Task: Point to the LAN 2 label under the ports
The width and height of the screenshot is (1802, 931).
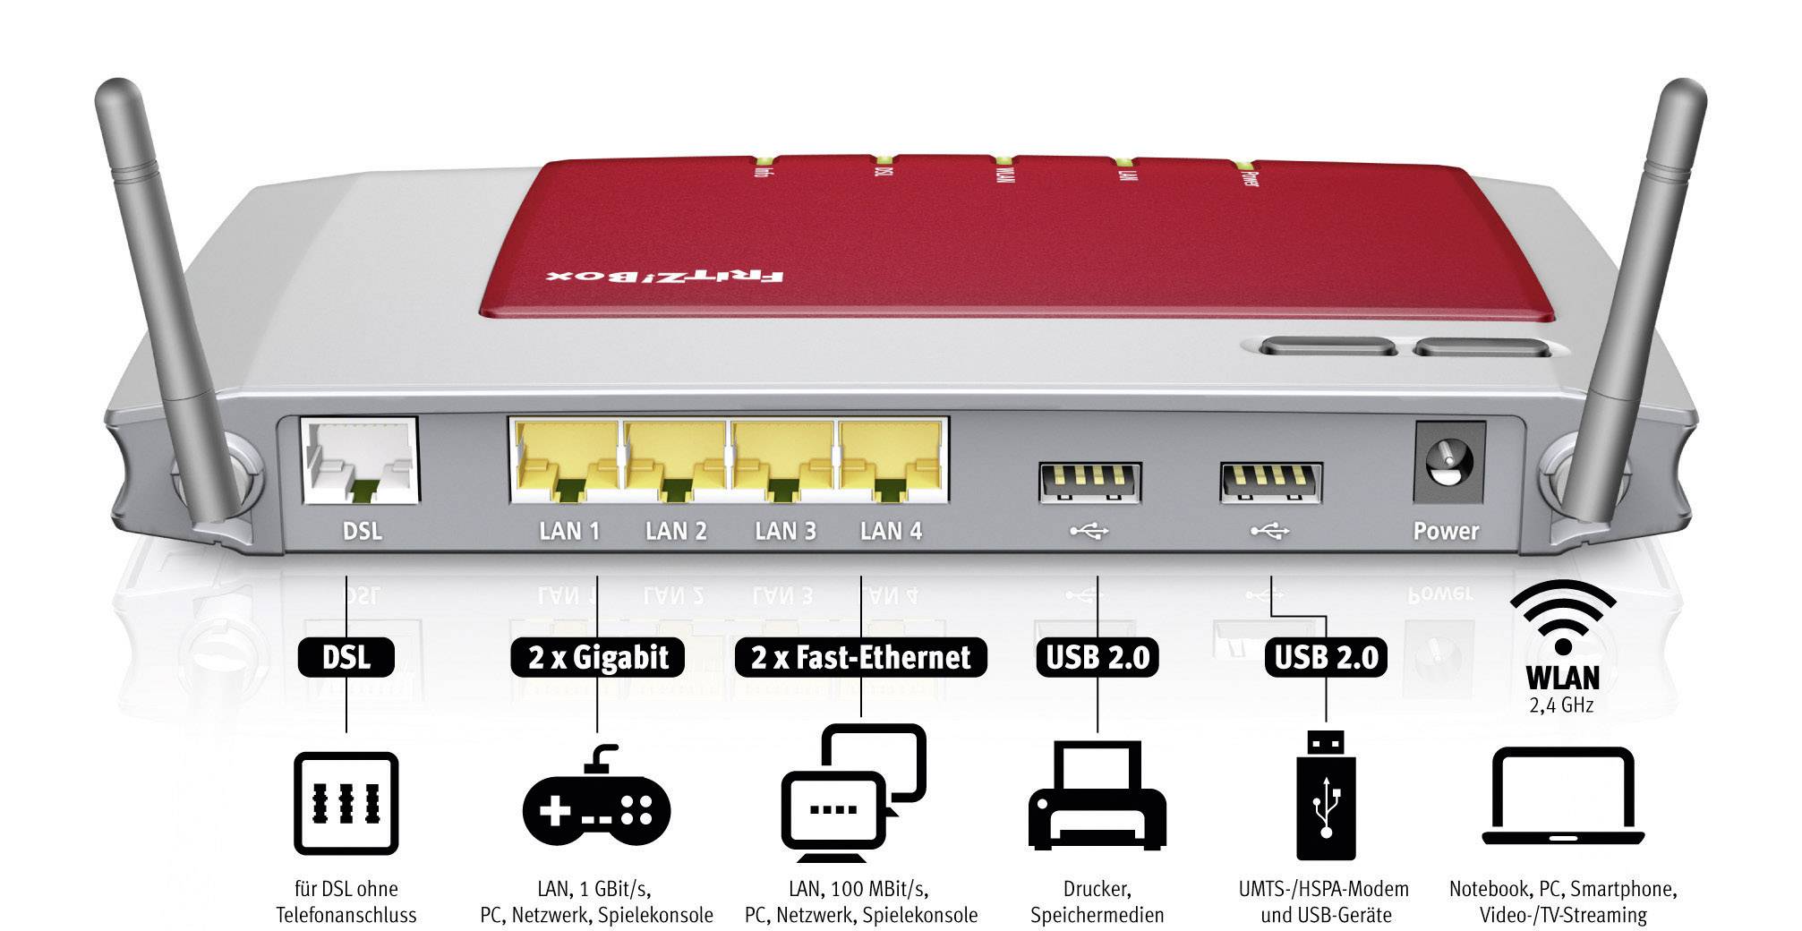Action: [x=676, y=531]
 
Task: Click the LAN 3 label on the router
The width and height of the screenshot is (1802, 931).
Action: [x=785, y=531]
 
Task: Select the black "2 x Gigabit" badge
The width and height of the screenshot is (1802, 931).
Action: [x=598, y=658]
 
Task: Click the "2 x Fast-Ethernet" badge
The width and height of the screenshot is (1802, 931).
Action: [x=860, y=658]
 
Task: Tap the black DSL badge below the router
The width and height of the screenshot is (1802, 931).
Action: [x=346, y=658]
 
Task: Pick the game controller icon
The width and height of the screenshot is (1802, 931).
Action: [x=596, y=797]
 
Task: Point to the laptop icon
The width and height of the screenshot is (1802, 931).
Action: [x=1563, y=797]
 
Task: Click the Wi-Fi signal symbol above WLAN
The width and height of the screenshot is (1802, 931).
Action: [x=1563, y=618]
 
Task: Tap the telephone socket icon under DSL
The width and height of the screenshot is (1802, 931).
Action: [x=346, y=803]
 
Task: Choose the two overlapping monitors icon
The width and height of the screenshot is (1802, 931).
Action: [x=853, y=788]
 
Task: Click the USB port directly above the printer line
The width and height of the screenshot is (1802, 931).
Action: [x=1089, y=483]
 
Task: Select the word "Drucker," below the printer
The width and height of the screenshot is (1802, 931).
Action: [x=1097, y=889]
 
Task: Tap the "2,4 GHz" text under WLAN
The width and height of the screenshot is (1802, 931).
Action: [x=1562, y=705]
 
